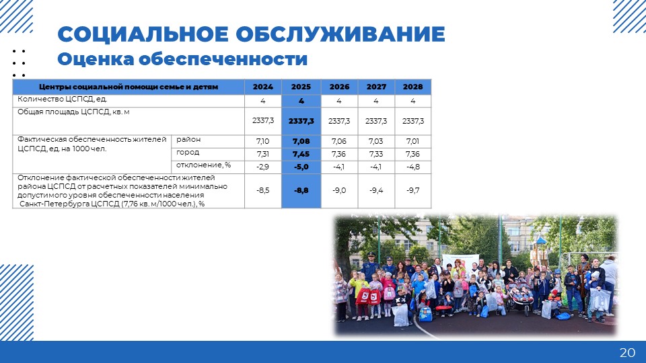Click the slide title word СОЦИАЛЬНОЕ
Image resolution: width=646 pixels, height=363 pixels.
pos(143,34)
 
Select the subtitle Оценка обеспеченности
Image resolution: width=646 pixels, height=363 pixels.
pos(182,59)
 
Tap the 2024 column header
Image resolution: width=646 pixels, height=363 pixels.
pos(263,87)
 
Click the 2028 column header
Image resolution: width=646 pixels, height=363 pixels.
pos(412,87)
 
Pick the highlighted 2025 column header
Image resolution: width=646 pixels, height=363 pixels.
pos(301,87)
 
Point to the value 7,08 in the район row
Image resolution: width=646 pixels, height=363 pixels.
pos(301,141)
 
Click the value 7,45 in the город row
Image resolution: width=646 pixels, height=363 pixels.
pos(301,154)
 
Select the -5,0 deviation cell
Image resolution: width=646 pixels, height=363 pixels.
pos(301,167)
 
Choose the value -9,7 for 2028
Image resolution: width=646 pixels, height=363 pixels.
pos(412,190)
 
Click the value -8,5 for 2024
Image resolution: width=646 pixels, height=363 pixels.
pos(263,190)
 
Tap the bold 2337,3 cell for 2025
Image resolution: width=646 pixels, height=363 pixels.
pos(301,121)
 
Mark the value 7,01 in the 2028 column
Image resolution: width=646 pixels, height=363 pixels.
pos(412,141)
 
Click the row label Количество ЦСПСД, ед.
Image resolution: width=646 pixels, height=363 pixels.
pos(62,99)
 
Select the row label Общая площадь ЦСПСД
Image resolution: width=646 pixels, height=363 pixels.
pos(73,112)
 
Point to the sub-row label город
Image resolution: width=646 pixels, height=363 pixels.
pos(188,153)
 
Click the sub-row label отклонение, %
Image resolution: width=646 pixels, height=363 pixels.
pos(203,165)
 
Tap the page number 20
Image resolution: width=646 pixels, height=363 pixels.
pos(627,352)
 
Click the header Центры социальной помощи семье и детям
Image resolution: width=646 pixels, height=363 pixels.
pos(129,87)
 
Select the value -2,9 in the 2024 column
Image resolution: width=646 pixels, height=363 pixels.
pos(263,167)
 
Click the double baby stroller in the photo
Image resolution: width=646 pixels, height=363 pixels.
pos(520,297)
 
